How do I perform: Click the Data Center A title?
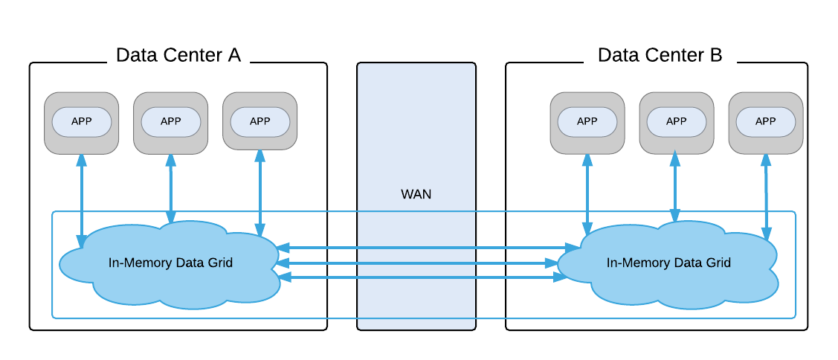pyautogui.click(x=178, y=55)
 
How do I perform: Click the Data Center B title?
pyautogui.click(x=660, y=55)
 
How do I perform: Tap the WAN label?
pyautogui.click(x=416, y=194)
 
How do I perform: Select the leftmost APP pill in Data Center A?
pyautogui.click(x=81, y=122)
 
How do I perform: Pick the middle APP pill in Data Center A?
pyautogui.click(x=171, y=122)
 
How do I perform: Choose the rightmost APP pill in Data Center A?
pyautogui.click(x=260, y=122)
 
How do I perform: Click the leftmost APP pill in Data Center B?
pyautogui.click(x=587, y=122)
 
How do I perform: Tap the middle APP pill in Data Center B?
pyautogui.click(x=677, y=122)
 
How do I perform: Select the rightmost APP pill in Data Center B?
pyautogui.click(x=766, y=122)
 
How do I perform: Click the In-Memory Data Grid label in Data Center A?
pyautogui.click(x=170, y=263)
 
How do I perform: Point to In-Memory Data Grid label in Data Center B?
pyautogui.click(x=668, y=263)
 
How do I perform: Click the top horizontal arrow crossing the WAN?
pyautogui.click(x=428, y=248)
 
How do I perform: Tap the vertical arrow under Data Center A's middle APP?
pyautogui.click(x=171, y=189)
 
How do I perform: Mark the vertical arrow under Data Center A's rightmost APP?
pyautogui.click(x=260, y=193)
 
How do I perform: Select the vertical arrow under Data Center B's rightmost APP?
pyautogui.click(x=766, y=197)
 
